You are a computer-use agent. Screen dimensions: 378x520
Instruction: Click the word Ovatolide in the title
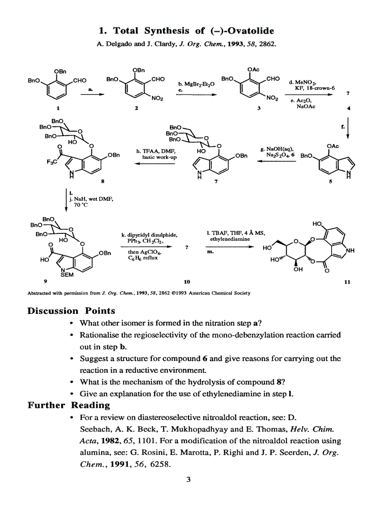pyautogui.click(x=251, y=31)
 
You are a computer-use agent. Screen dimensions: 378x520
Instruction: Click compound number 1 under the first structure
pyautogui.click(x=58, y=108)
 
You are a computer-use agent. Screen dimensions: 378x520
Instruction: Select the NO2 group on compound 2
pyautogui.click(x=157, y=99)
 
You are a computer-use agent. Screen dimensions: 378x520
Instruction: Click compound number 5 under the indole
pyautogui.click(x=330, y=182)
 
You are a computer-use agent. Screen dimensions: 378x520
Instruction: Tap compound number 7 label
pyautogui.click(x=216, y=182)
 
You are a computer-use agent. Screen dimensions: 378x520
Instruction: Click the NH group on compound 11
pyautogui.click(x=351, y=251)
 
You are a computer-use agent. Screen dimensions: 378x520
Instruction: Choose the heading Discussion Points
pyautogui.click(x=71, y=311)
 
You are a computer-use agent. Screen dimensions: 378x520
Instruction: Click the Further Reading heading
pyautogui.click(x=69, y=406)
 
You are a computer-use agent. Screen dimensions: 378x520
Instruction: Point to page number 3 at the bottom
pyautogui.click(x=189, y=480)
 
